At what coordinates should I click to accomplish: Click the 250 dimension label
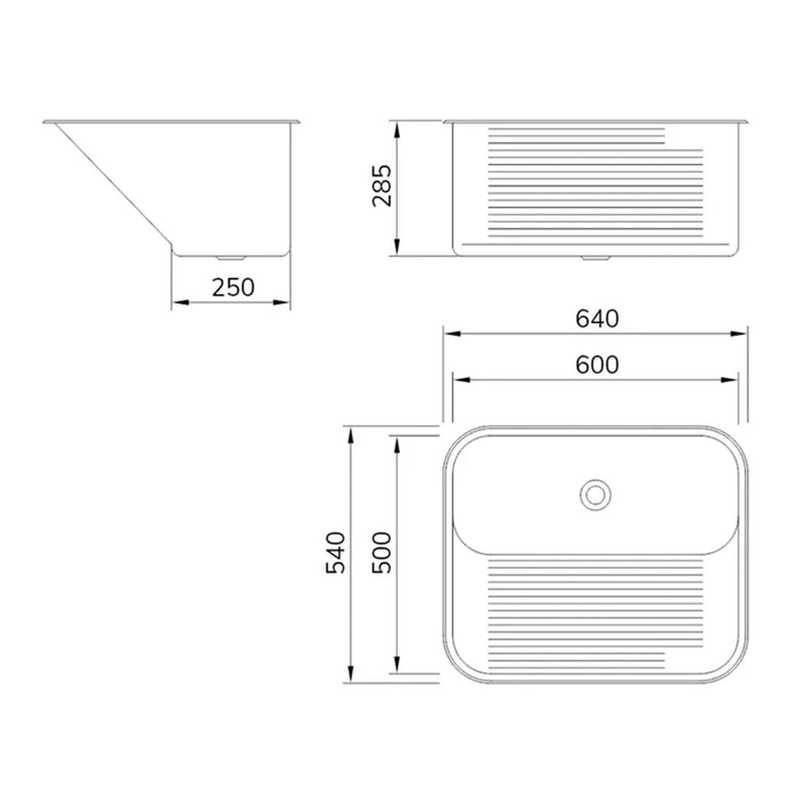pos(233,287)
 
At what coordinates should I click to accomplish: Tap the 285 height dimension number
pos(382,185)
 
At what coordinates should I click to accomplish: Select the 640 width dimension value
pos(597,319)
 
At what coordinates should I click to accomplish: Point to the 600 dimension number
pos(597,365)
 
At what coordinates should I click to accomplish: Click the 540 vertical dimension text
pos(336,553)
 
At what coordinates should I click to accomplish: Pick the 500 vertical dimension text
pos(381,553)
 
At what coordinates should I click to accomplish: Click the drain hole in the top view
pos(595,495)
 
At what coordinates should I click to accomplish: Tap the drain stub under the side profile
pos(231,258)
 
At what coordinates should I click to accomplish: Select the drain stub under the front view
pos(595,258)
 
